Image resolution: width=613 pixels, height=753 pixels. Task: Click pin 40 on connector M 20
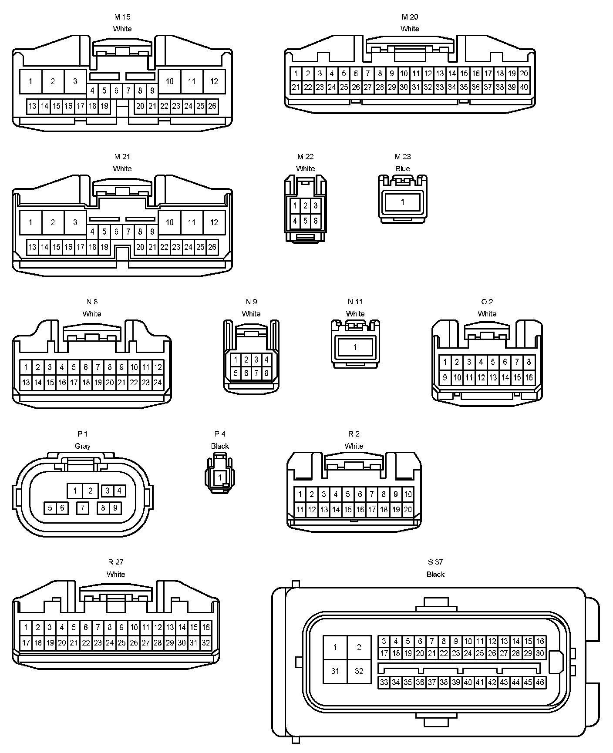524,87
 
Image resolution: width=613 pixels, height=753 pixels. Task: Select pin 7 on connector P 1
82,508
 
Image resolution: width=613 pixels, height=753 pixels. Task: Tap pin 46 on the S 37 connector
540,682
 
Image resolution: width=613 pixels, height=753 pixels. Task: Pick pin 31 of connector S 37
335,671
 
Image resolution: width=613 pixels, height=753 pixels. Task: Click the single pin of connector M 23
403,202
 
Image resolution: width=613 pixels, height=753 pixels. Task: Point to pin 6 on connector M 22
316,221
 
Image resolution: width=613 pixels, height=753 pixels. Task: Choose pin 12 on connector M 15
214,81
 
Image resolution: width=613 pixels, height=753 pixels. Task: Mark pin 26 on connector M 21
212,247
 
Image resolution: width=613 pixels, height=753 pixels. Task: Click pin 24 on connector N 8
158,383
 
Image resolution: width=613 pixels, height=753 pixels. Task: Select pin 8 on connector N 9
266,373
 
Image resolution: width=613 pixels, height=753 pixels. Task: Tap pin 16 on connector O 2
529,377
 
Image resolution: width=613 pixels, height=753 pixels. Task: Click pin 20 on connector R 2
408,510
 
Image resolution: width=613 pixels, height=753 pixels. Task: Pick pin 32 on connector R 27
205,642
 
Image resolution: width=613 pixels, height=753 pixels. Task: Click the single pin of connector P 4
220,477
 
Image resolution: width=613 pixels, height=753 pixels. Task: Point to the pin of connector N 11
355,347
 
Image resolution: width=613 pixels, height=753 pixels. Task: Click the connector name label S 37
435,562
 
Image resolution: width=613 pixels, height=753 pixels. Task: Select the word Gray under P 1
82,446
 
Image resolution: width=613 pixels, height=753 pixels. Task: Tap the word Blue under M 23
403,168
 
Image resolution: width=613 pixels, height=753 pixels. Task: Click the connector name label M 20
410,17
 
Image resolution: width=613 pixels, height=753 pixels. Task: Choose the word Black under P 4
220,446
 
